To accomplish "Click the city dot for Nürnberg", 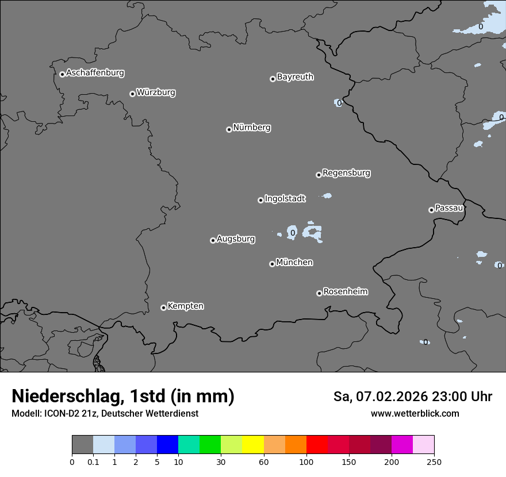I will click(x=229, y=129).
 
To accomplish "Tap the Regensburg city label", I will click(x=346, y=173).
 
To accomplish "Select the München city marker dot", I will click(x=272, y=264).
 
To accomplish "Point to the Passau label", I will click(x=449, y=208).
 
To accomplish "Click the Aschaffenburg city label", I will click(x=95, y=73).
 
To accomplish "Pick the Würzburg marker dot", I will click(x=132, y=94).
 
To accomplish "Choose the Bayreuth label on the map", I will click(x=295, y=77).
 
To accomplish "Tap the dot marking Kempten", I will click(x=163, y=307).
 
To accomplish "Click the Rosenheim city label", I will click(x=345, y=292).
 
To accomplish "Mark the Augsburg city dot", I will click(x=213, y=240).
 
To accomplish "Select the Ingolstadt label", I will click(x=285, y=199).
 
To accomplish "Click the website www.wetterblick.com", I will click(x=415, y=414).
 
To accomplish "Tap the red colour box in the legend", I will click(x=317, y=445).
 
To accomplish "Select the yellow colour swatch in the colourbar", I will click(x=253, y=445).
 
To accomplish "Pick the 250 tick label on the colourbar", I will click(x=434, y=461).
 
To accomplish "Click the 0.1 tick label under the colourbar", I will click(x=93, y=461).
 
